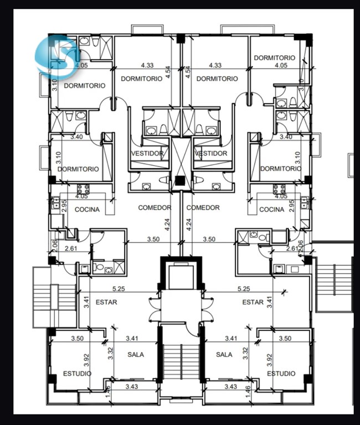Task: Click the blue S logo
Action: [56, 56]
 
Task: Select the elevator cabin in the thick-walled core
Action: [181, 277]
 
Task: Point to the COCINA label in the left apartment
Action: [87, 210]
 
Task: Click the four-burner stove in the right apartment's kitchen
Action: [279, 189]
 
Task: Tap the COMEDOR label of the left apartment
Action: [155, 208]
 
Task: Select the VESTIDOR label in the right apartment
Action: [211, 153]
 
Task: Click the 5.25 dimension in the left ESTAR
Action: [119, 289]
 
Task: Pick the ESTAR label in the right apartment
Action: [253, 302]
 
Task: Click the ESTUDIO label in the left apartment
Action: [78, 374]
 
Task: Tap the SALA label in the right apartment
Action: [224, 355]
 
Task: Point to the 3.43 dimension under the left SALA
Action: [132, 387]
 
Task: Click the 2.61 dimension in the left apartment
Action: [71, 248]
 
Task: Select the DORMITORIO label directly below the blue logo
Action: [85, 86]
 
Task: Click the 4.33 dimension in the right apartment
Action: [215, 65]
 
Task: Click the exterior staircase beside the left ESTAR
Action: [54, 297]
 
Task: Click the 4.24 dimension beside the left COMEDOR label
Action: [168, 225]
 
